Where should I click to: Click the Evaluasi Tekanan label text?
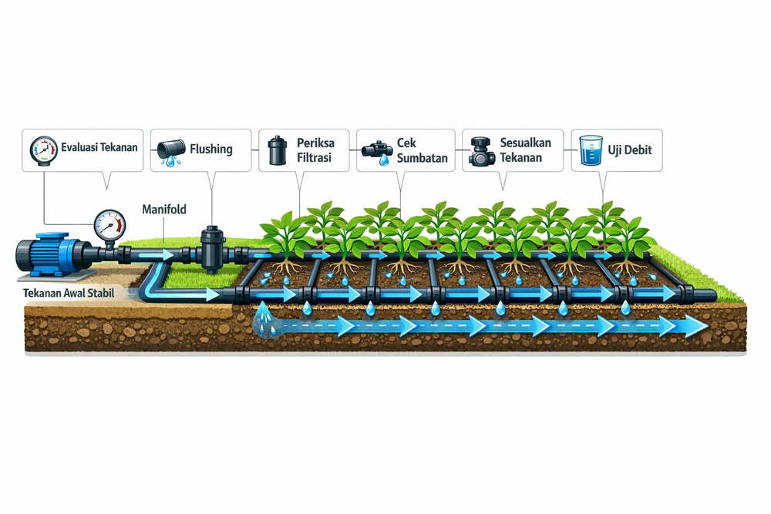93,147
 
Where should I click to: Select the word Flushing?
210,149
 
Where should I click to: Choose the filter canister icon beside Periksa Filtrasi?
277,150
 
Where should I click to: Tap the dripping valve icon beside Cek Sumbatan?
377,152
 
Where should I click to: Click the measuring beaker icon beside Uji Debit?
591,151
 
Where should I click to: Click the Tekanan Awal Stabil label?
69,294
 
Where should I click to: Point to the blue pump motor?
54,254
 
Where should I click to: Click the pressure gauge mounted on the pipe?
109,225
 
